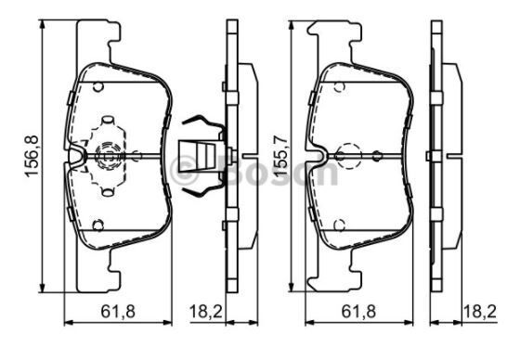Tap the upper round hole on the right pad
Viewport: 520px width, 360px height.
[x=340, y=85]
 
